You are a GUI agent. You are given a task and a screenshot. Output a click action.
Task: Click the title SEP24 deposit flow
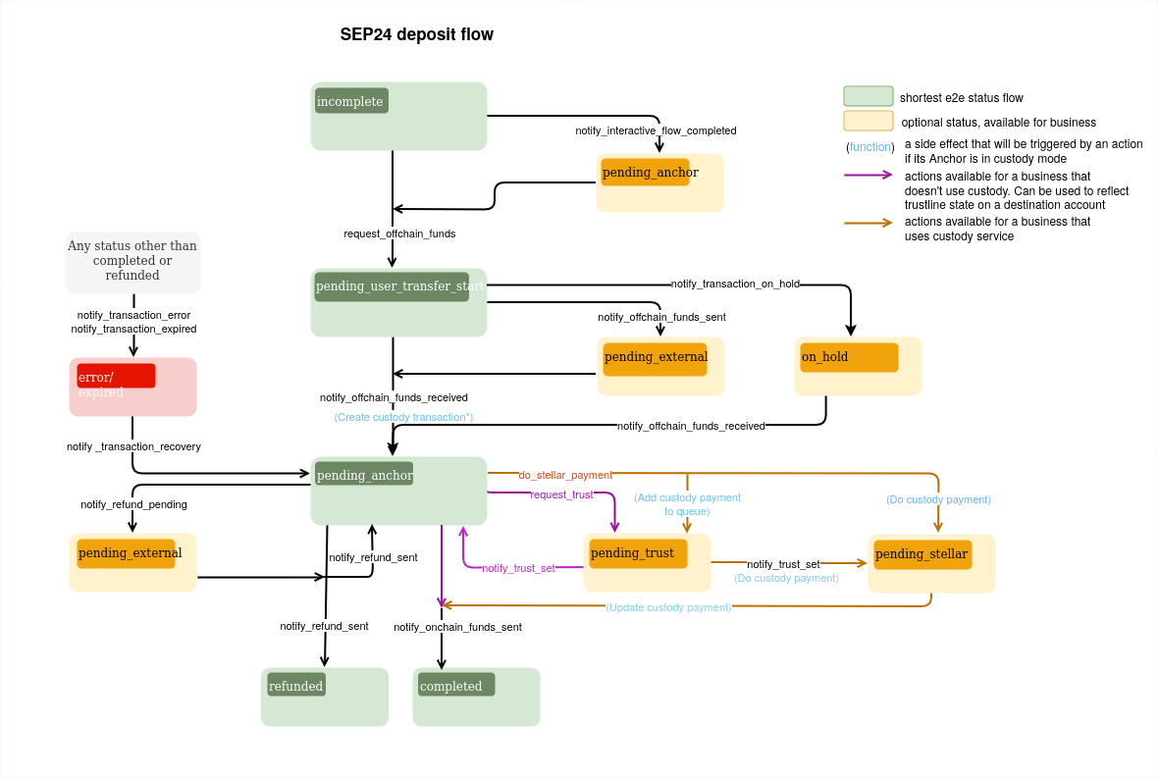(x=416, y=35)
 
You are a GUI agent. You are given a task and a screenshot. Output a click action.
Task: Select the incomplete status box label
(x=351, y=101)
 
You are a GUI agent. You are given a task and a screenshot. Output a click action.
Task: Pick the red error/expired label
(x=116, y=377)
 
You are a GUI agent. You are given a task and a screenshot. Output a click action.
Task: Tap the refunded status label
(x=296, y=686)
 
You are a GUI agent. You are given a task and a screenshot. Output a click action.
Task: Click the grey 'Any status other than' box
(x=132, y=262)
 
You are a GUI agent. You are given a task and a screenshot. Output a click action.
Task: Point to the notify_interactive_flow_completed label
(x=656, y=130)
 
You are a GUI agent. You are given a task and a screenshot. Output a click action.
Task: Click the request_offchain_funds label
(x=399, y=233)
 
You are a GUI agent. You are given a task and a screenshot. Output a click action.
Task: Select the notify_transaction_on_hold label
(x=735, y=284)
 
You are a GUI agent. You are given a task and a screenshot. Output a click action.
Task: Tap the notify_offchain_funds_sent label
(x=661, y=317)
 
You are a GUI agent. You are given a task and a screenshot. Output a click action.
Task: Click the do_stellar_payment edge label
(x=565, y=475)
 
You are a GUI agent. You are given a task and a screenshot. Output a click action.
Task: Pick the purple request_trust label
(x=561, y=494)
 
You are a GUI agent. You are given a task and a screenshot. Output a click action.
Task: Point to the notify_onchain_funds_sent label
(x=457, y=627)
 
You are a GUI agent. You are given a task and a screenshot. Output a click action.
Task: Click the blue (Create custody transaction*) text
(x=403, y=417)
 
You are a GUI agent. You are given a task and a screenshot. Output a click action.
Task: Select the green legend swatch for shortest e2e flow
(x=868, y=96)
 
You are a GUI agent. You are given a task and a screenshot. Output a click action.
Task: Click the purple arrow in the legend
(x=868, y=176)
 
